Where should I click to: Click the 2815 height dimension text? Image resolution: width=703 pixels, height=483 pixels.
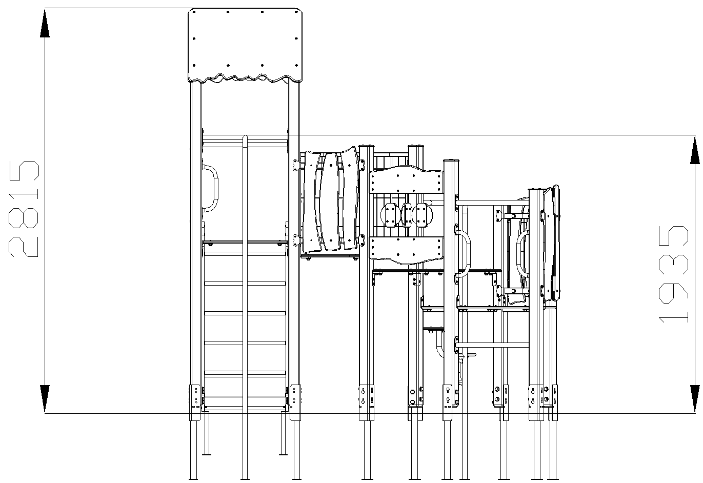[x=24, y=209]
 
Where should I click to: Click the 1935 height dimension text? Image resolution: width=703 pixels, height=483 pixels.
[x=673, y=274]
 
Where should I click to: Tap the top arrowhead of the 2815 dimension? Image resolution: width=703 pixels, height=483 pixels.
[x=45, y=24]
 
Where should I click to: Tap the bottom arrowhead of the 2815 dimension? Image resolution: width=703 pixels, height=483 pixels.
[x=45, y=398]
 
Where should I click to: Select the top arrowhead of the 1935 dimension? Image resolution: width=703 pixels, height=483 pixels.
[x=695, y=150]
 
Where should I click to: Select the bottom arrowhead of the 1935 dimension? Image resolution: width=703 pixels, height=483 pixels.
[x=695, y=399]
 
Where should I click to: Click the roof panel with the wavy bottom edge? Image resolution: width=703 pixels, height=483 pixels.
[x=245, y=46]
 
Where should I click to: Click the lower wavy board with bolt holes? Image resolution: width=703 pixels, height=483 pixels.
[x=407, y=250]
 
